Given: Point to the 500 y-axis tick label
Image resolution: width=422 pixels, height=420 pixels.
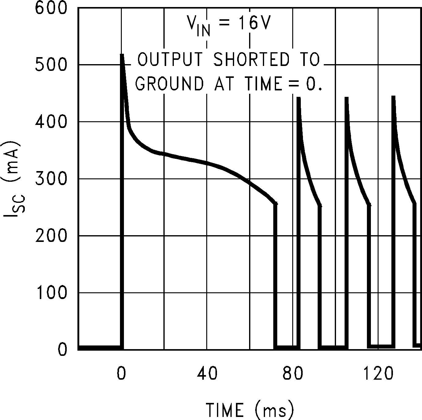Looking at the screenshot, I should coord(51,64).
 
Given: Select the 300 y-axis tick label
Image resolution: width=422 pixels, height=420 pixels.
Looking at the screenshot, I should coord(51,179).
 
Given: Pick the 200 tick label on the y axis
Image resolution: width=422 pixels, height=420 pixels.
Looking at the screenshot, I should coord(51,236).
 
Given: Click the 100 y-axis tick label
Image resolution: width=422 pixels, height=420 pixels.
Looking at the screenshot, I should coord(51,293).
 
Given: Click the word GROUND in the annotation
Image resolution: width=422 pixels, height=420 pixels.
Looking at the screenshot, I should coord(169,83).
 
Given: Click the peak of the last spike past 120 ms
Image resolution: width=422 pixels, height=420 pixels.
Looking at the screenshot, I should coord(394,97).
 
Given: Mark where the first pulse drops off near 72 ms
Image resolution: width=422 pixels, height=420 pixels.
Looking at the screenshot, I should coord(275,204).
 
